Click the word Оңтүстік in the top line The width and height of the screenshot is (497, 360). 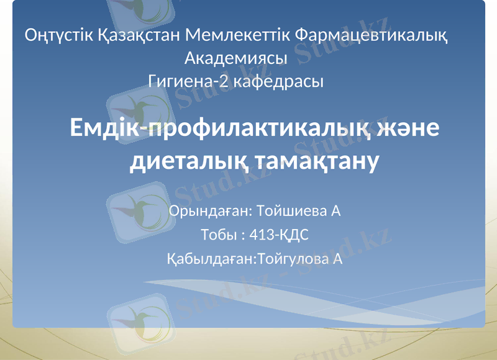tap(60, 35)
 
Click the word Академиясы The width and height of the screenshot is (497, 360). tap(236, 59)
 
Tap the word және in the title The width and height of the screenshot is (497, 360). tap(411, 128)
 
